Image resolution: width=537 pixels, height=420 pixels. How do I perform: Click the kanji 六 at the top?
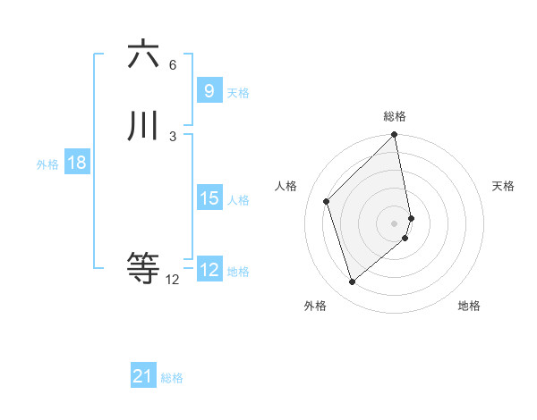click(144, 55)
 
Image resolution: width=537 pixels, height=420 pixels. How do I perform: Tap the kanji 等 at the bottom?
click(144, 267)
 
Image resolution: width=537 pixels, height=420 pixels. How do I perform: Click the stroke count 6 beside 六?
click(173, 65)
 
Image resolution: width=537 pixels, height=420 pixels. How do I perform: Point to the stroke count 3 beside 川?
click(173, 136)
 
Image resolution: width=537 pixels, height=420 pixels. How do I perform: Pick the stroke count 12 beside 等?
click(173, 279)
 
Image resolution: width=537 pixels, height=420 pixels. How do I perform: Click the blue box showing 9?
click(209, 91)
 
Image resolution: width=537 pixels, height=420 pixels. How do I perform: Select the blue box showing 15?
click(209, 198)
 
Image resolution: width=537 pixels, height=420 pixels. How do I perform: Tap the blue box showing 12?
click(209, 270)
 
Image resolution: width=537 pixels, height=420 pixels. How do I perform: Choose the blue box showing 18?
click(76, 163)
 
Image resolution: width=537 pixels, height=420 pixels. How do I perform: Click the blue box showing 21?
click(142, 376)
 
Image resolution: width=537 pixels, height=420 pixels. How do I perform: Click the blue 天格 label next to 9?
click(238, 93)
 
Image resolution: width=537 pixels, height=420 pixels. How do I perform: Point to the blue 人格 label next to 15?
click(238, 200)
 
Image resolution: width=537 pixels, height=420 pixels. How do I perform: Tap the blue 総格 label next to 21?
click(172, 378)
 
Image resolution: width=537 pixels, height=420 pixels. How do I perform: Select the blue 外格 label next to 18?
click(47, 164)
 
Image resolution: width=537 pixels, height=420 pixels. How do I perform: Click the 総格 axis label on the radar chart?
click(395, 116)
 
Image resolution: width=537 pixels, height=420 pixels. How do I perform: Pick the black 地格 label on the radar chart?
click(469, 306)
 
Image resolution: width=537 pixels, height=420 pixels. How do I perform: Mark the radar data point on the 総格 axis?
click(395, 136)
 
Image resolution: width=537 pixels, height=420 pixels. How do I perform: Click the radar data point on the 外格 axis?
click(352, 282)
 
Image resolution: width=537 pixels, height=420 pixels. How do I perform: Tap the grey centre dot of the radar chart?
click(395, 223)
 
